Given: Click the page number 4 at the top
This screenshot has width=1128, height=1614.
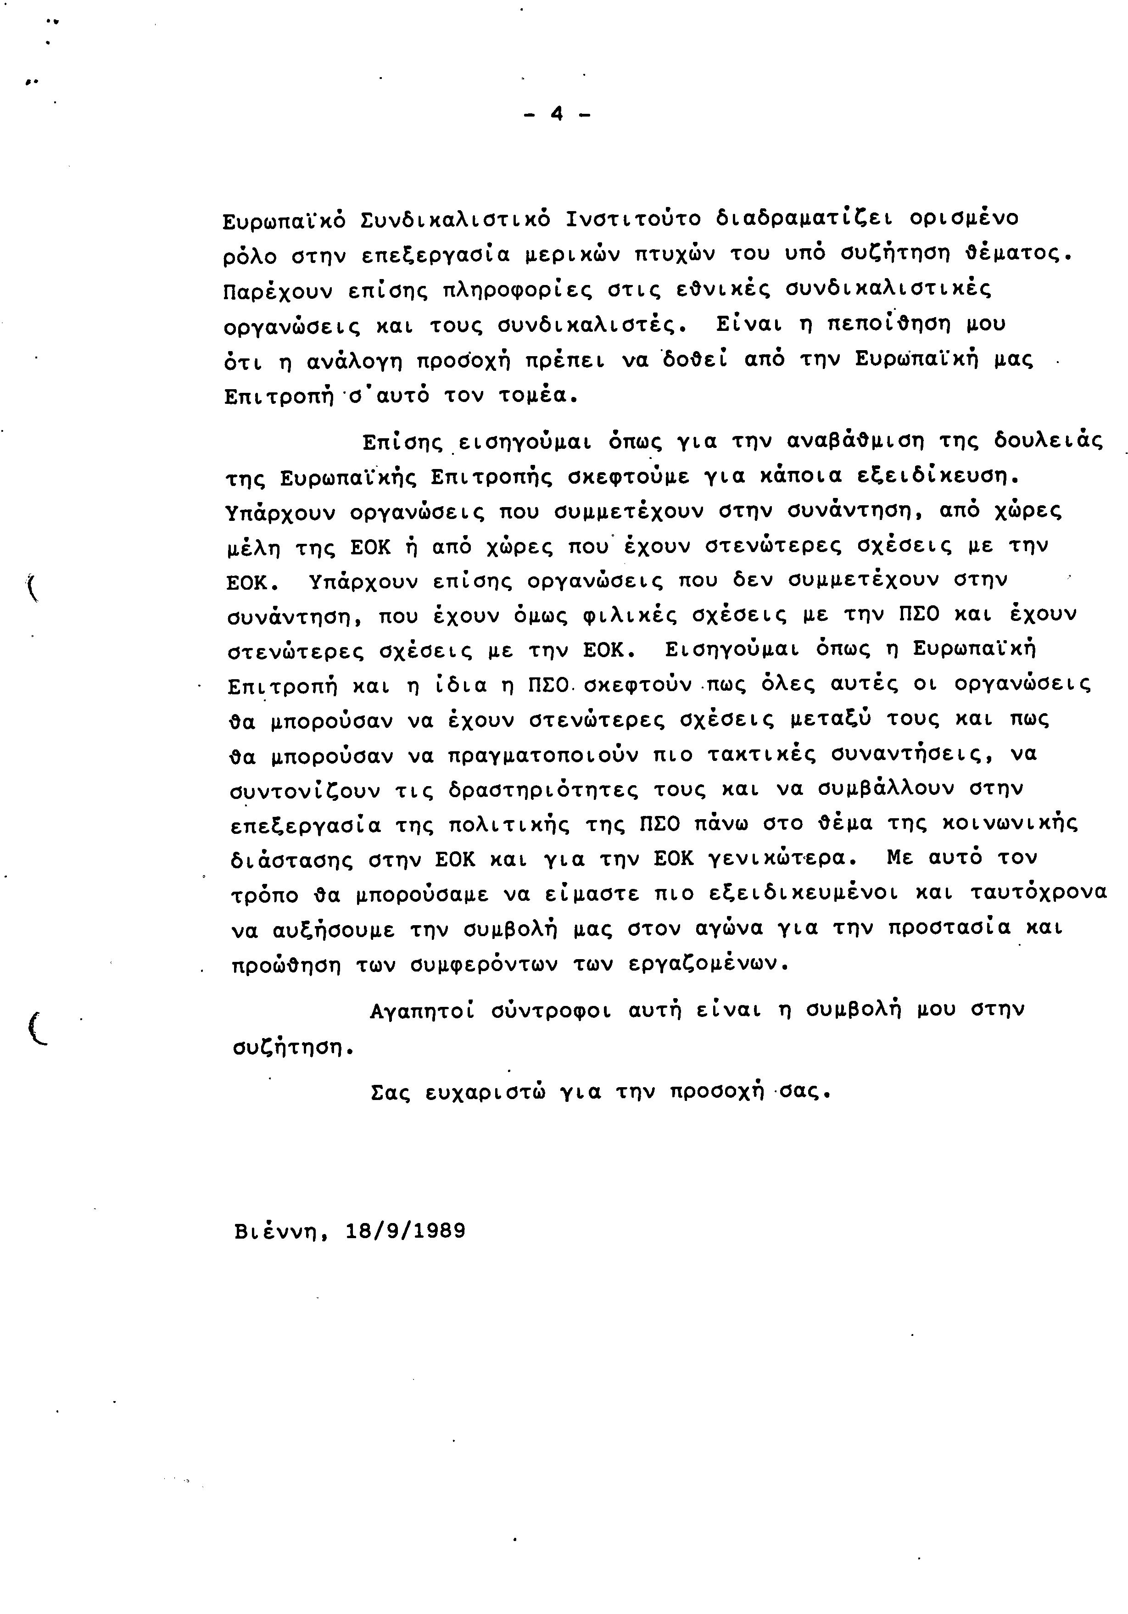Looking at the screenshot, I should point(557,114).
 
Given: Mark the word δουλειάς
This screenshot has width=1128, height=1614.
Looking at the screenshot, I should point(1047,442).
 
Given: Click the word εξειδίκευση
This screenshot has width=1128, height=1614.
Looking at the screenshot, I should point(938,477).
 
